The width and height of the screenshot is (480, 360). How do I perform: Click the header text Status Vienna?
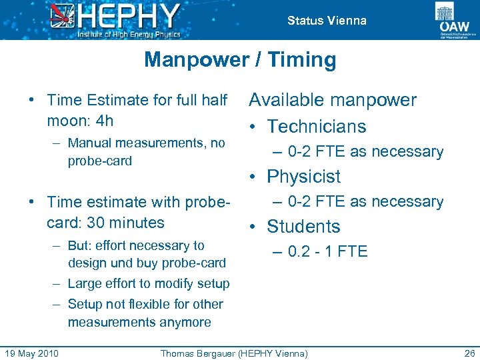327,21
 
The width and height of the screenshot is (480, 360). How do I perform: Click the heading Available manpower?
332,101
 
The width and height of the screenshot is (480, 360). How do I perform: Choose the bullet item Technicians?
317,127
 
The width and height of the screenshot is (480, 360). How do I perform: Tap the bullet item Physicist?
303,177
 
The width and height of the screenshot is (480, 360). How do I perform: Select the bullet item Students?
303,227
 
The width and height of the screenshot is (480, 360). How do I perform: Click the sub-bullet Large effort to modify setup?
149,284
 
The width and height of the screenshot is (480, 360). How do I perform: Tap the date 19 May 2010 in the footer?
31,353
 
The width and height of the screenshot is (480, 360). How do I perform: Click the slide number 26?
467,353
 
